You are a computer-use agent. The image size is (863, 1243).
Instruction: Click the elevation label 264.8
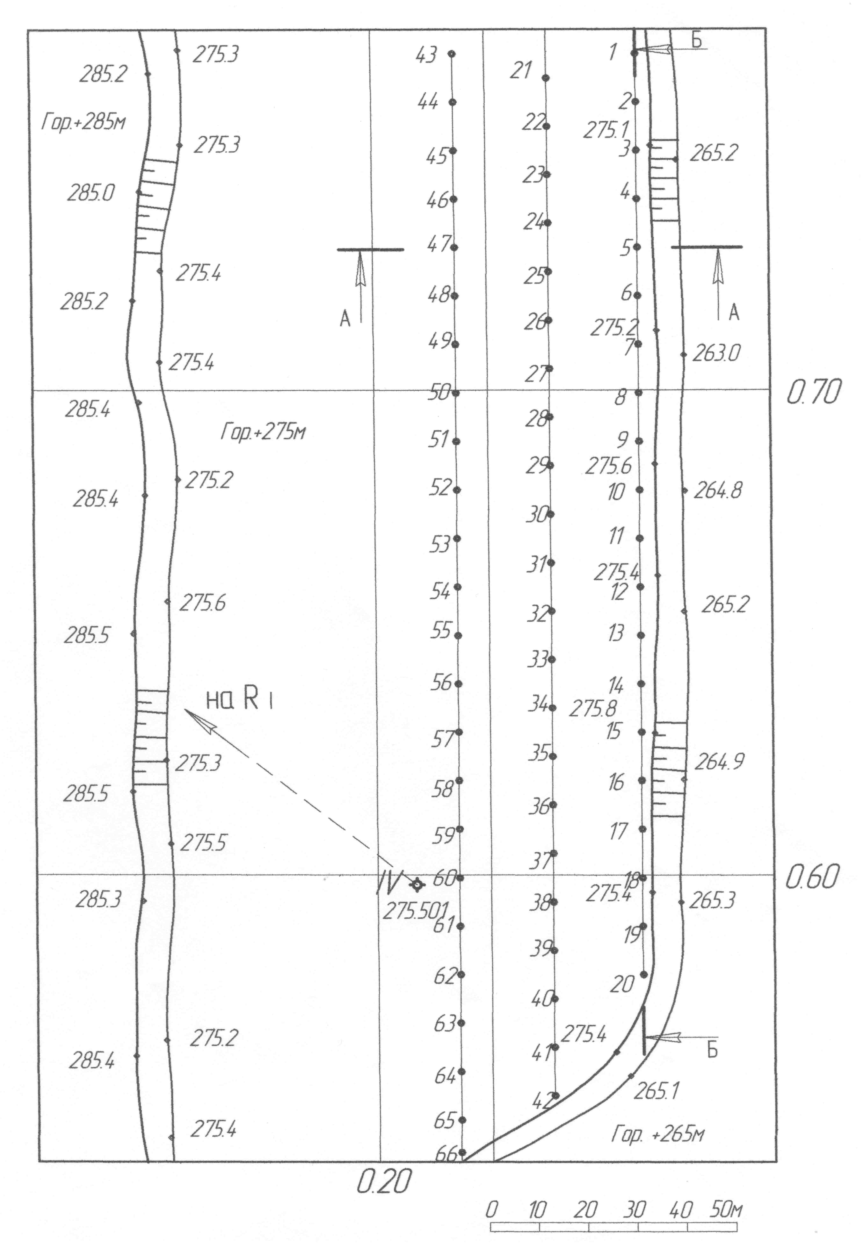pyautogui.click(x=718, y=490)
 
